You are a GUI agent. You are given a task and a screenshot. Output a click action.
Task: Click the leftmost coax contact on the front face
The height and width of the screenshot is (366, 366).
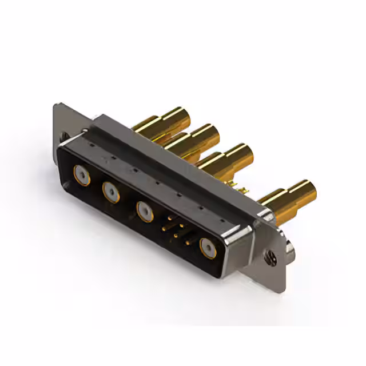pyautogui.click(x=81, y=174)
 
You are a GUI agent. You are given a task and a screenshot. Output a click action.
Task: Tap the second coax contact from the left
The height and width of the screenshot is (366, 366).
pyautogui.click(x=111, y=192)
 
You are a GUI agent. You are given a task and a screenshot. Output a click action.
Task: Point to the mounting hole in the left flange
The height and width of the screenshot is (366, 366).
pyautogui.click(x=65, y=136)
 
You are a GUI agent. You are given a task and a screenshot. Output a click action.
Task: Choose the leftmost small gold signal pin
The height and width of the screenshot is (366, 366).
pyautogui.click(x=164, y=228)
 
